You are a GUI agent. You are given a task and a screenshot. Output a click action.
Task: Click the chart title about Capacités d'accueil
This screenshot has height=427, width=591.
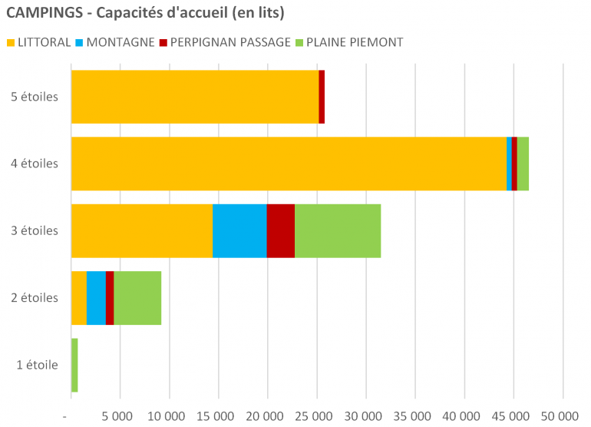(x=146, y=14)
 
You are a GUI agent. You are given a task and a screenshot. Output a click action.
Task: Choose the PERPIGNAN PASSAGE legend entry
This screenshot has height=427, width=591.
(x=226, y=42)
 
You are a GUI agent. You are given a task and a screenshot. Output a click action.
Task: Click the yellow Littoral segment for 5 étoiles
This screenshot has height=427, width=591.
(x=194, y=97)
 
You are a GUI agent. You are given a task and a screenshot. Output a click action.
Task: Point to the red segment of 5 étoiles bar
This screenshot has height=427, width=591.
(x=322, y=97)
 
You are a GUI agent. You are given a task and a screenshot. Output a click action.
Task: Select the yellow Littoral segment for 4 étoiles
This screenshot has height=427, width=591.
(x=289, y=164)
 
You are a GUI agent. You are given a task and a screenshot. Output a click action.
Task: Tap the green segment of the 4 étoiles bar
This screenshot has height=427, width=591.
(x=523, y=164)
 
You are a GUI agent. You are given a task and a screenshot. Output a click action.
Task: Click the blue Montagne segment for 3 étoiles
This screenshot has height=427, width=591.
(x=239, y=230)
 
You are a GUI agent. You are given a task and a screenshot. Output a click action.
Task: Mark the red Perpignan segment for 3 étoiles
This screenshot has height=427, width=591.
(x=280, y=230)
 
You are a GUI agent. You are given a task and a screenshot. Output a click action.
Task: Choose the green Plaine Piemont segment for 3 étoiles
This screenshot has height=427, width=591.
(x=338, y=230)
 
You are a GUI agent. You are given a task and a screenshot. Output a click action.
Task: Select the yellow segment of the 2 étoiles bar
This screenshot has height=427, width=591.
(x=78, y=298)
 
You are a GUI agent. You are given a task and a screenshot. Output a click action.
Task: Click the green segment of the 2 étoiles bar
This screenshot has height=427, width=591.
(x=137, y=298)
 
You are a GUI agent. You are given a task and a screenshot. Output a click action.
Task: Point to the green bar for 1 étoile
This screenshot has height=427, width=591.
(x=74, y=365)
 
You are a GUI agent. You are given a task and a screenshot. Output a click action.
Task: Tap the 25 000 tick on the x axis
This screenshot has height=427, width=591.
(x=315, y=415)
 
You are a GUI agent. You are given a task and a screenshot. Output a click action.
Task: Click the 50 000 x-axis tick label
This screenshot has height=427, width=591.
(x=562, y=415)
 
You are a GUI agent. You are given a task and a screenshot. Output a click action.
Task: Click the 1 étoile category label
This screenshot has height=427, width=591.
(x=38, y=365)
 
